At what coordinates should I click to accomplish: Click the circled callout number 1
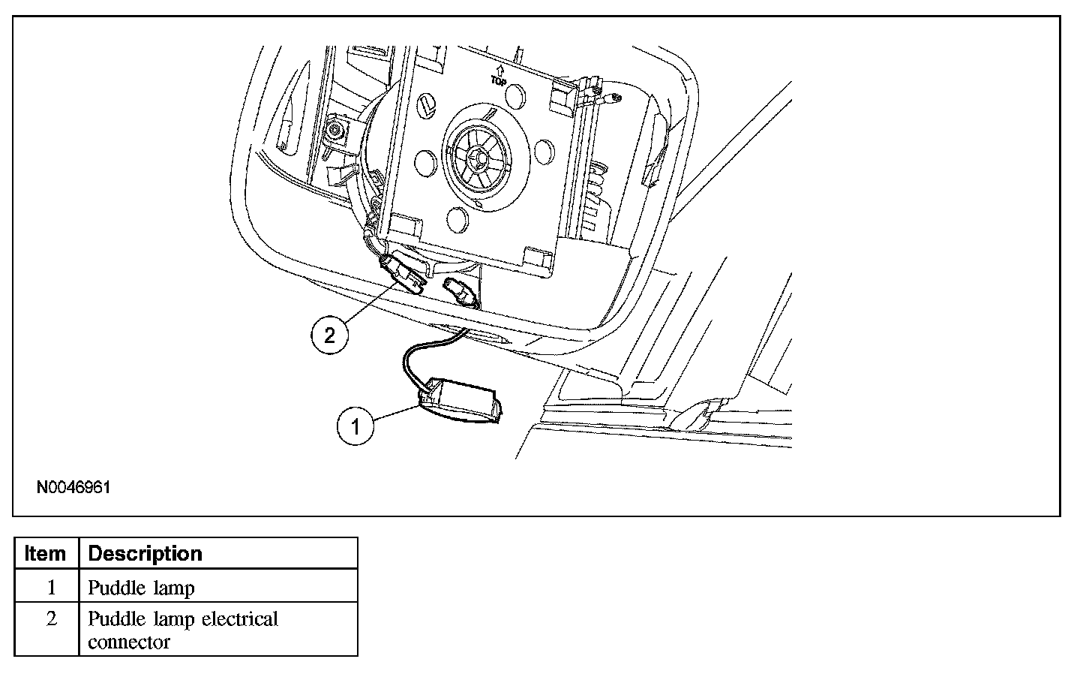click(x=355, y=426)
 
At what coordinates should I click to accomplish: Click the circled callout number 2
click(x=330, y=335)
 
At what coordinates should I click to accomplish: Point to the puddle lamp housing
click(x=461, y=399)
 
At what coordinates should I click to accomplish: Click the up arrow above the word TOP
click(x=499, y=69)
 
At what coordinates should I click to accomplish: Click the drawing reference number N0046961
click(x=73, y=488)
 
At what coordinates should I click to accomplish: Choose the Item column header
click(x=45, y=554)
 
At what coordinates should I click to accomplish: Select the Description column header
click(x=145, y=554)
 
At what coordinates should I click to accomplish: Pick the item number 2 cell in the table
click(x=51, y=620)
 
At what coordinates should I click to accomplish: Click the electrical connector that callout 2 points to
click(x=405, y=273)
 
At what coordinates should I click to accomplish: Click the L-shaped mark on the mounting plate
click(x=427, y=106)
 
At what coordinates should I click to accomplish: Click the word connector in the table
click(x=129, y=642)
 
